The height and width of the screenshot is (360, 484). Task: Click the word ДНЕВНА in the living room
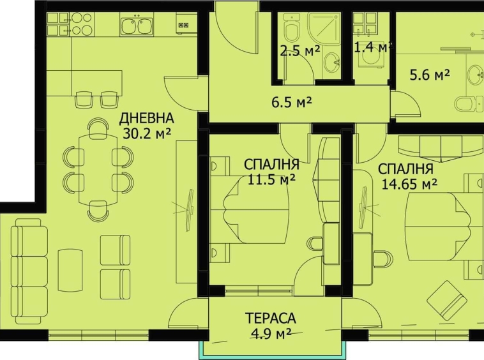coord(146,118)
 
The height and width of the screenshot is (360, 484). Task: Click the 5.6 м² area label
coord(429,74)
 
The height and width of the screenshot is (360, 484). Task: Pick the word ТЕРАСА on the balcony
coord(271,317)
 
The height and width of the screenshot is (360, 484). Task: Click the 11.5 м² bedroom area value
coord(270,180)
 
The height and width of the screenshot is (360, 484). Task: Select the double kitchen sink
coord(135,26)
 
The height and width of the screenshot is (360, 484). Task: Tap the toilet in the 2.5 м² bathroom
coord(292,29)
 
